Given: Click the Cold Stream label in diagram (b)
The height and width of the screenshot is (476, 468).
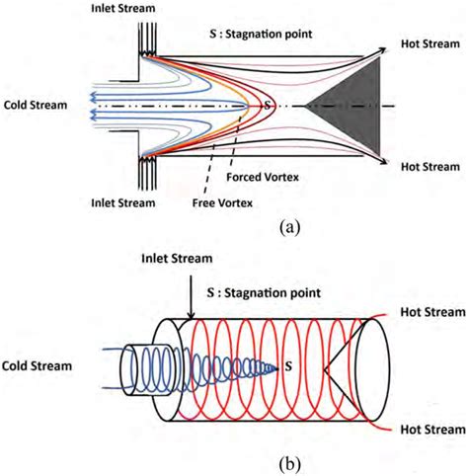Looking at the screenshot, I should (36, 366).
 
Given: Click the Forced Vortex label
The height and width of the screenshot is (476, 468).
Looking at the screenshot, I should (260, 179).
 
